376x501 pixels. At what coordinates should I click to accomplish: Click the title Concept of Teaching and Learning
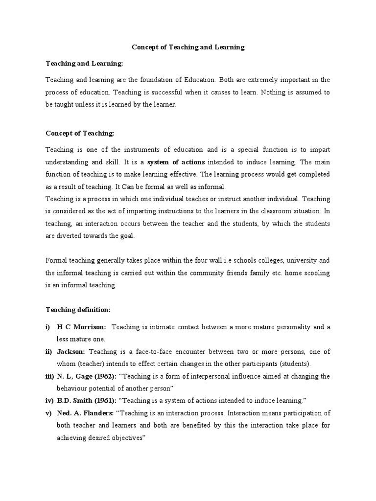pos(188,47)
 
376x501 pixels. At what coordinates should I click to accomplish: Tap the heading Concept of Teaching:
pos(80,133)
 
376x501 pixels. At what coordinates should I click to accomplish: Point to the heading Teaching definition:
pos(78,309)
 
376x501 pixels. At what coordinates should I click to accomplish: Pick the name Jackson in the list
pos(70,351)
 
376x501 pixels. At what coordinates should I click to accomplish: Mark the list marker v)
pos(48,413)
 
